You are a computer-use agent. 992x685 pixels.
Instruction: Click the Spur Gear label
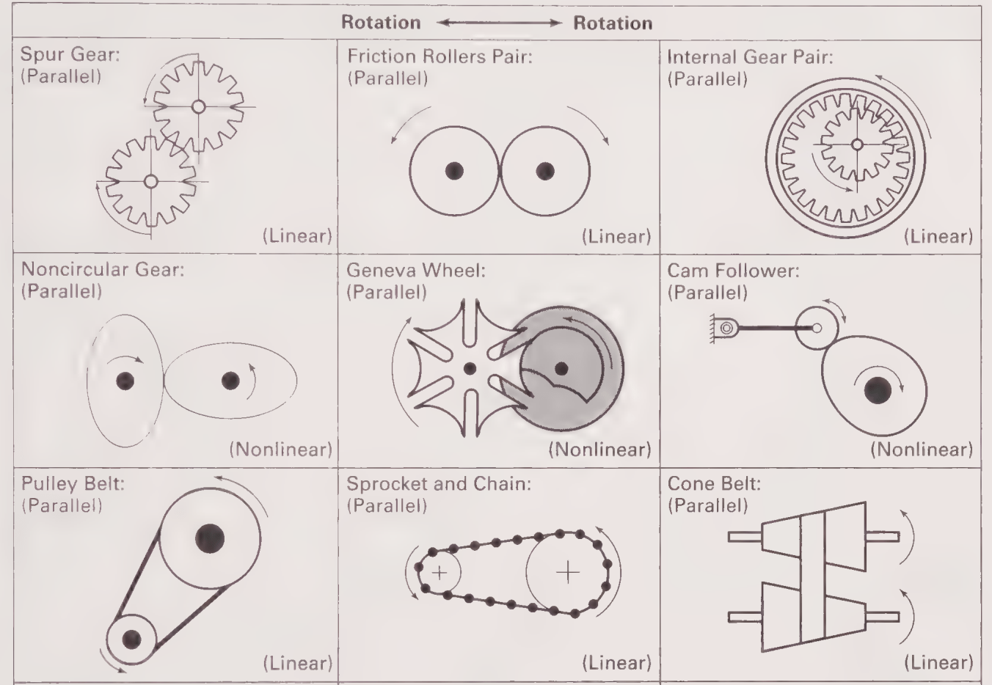(x=70, y=56)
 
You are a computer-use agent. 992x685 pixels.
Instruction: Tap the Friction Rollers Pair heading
(x=440, y=56)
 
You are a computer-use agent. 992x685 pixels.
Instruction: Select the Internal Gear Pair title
(x=750, y=56)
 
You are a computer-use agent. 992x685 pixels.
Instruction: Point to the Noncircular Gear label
(x=102, y=270)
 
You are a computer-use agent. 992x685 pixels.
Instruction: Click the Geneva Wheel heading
(x=416, y=270)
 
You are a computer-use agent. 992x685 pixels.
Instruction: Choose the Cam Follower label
(x=733, y=270)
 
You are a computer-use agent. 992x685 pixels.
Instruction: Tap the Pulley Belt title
(x=68, y=485)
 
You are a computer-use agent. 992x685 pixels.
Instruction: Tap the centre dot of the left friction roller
(x=455, y=171)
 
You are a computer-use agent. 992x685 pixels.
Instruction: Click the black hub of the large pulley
(x=210, y=538)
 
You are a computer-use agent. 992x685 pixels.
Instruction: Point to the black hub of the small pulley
(x=132, y=639)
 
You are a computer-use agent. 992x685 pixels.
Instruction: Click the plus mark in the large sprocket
(x=568, y=571)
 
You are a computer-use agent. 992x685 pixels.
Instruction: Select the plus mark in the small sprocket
(x=439, y=572)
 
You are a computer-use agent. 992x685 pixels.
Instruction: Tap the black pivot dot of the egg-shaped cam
(x=878, y=390)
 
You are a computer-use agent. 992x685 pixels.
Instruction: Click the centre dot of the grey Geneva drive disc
(x=561, y=367)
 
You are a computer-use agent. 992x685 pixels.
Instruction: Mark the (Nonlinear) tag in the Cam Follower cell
(x=922, y=449)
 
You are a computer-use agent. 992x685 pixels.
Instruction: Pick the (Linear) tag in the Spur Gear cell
(x=297, y=236)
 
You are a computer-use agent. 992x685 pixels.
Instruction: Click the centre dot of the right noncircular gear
(x=230, y=380)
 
